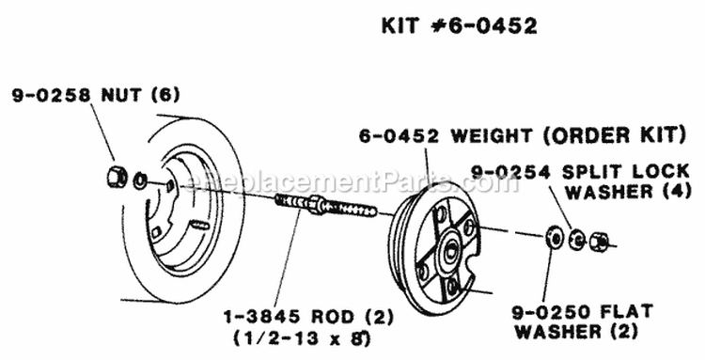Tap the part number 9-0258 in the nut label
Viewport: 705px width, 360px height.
point(49,95)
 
